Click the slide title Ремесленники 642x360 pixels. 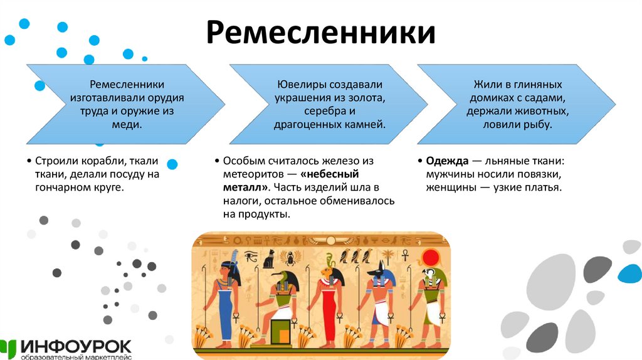pyautogui.click(x=320, y=32)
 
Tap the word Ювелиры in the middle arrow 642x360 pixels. pyautogui.click(x=298, y=83)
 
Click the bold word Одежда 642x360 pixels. pyautogui.click(x=447, y=160)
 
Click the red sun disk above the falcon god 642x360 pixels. pyautogui.click(x=431, y=257)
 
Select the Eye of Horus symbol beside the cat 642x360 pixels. pyautogui.click(x=250, y=256)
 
